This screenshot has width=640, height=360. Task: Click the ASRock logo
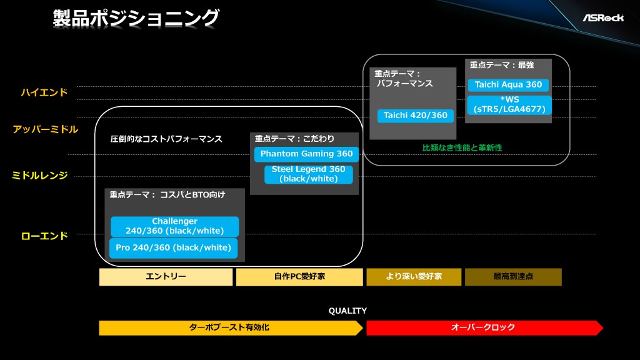(603, 17)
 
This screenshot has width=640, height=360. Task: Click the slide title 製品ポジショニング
(136, 18)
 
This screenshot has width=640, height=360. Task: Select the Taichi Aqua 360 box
(508, 85)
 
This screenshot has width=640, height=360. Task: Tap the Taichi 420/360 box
(416, 116)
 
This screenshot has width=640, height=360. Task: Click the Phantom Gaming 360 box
(306, 154)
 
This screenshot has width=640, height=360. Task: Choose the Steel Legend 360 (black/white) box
(308, 174)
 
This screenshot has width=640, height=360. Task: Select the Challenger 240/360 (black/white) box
(174, 226)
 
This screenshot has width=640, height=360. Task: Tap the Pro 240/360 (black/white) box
(173, 247)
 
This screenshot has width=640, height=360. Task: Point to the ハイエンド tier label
(44, 93)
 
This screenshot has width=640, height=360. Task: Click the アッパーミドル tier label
(45, 130)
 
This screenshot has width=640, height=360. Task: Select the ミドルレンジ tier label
(39, 176)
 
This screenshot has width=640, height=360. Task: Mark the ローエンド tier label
(44, 236)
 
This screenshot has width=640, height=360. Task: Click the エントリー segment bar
(166, 277)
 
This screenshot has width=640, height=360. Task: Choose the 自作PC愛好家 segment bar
(299, 277)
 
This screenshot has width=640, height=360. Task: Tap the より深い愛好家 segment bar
(413, 277)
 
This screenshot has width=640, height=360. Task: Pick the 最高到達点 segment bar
(512, 277)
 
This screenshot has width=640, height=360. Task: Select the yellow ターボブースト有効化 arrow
(230, 327)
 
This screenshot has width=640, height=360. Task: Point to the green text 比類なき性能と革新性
(462, 148)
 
